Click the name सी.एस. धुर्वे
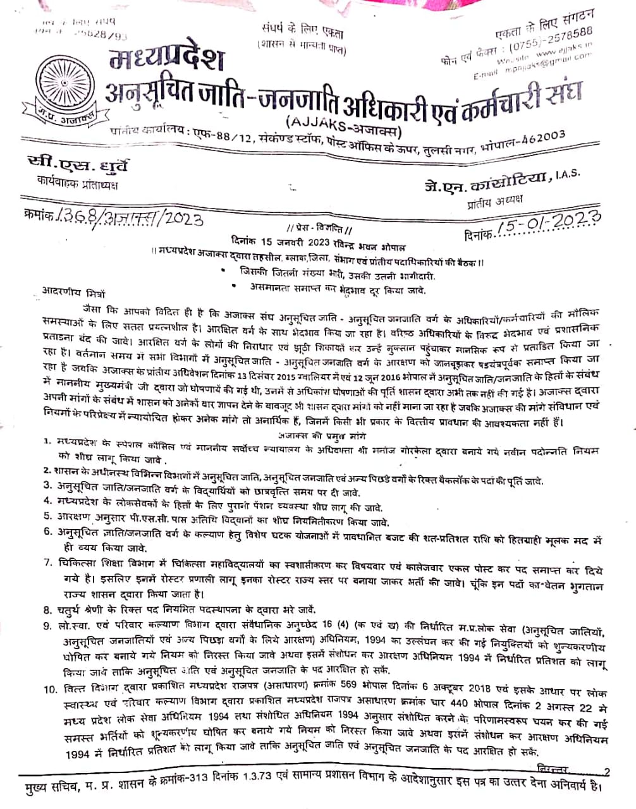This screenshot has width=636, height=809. click(82, 166)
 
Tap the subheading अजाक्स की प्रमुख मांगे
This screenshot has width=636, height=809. click(322, 435)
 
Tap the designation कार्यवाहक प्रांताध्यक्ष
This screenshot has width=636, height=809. click(78, 185)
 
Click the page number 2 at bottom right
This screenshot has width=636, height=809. click(607, 771)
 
